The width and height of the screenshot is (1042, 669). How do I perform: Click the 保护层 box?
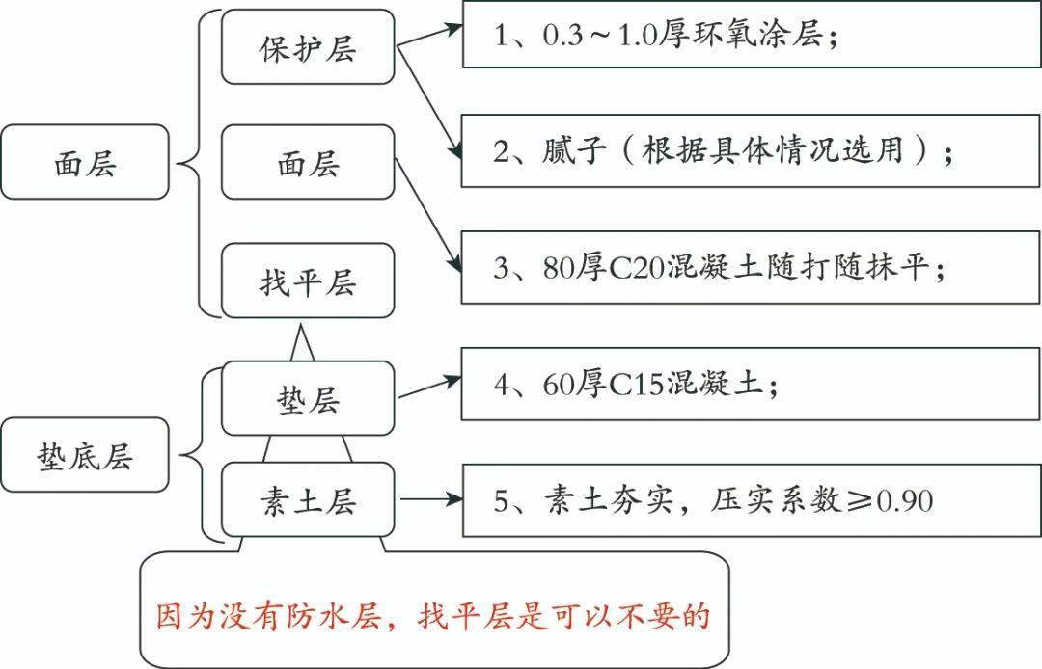[x=308, y=46]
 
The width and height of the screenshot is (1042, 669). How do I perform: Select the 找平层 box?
[x=308, y=281]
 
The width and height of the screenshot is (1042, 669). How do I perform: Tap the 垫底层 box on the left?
[x=85, y=455]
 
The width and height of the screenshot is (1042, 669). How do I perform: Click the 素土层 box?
[x=308, y=499]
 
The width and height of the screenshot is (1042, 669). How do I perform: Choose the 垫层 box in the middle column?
[x=308, y=398]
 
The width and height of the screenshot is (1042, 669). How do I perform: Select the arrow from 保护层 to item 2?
[x=429, y=102]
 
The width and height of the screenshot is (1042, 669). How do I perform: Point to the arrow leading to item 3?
[x=428, y=215]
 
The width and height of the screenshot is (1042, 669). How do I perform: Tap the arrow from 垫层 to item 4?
[x=429, y=388]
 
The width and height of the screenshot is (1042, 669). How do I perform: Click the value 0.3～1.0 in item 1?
[x=600, y=35]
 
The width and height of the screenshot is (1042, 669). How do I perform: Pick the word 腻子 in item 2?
[x=574, y=150]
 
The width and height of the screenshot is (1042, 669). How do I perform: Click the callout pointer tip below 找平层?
[x=302, y=325]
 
